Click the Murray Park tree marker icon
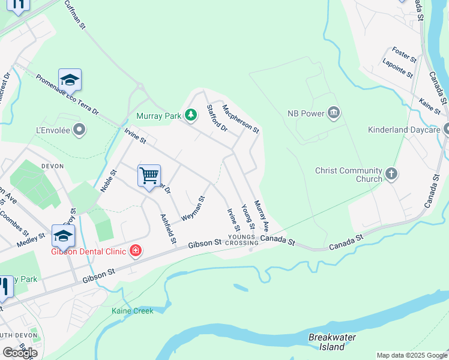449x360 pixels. coord(190,115)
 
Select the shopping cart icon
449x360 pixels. coord(149,176)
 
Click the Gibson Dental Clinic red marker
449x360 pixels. coord(136,250)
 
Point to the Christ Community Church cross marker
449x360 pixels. coord(391,174)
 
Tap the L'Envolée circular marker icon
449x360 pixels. coord(80,130)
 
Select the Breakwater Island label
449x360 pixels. coord(332,342)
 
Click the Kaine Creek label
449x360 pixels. coord(132,311)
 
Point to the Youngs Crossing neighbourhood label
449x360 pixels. coord(243,240)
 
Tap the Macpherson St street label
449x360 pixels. coord(241,119)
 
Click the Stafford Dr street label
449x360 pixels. coord(217,118)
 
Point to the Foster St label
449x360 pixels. coord(404,55)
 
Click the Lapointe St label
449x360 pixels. coord(397,68)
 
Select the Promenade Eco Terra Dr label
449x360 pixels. coord(67,95)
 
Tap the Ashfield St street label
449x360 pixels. coord(167,229)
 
